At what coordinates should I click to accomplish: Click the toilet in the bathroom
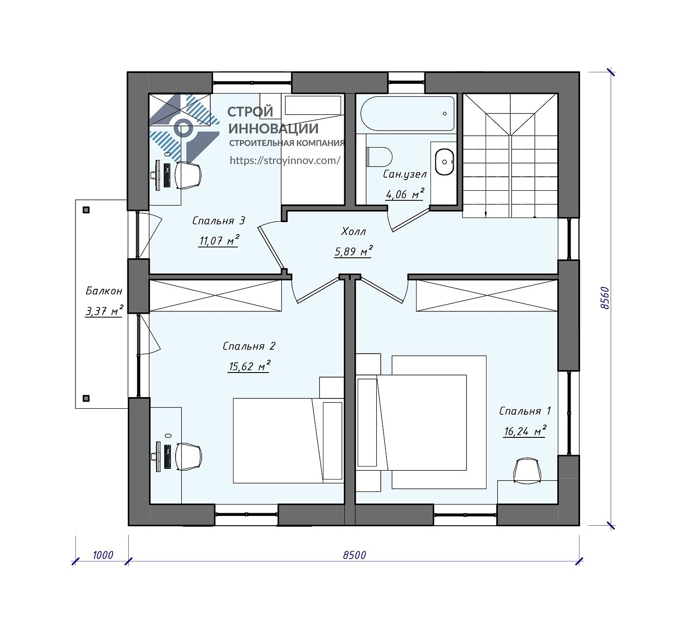[379, 157]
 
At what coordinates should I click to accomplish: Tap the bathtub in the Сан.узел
[407, 114]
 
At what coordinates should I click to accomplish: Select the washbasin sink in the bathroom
[444, 162]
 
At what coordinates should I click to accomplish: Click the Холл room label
[354, 231]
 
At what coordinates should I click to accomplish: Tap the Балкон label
[104, 291]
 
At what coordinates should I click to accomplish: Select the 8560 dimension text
[605, 298]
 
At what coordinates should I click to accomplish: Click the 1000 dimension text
[103, 555]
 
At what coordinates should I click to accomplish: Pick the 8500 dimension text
[354, 555]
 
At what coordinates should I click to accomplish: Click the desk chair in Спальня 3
[188, 175]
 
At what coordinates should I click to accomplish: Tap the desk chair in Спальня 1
[527, 471]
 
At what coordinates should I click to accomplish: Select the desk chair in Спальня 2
[188, 457]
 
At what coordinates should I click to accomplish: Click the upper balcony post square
[86, 210]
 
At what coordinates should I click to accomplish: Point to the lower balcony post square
[86, 398]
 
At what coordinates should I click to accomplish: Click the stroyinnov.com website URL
[285, 161]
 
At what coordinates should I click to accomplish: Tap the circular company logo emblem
[184, 128]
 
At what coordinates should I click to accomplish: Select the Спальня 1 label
[525, 411]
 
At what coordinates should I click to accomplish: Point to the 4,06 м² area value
[405, 194]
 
